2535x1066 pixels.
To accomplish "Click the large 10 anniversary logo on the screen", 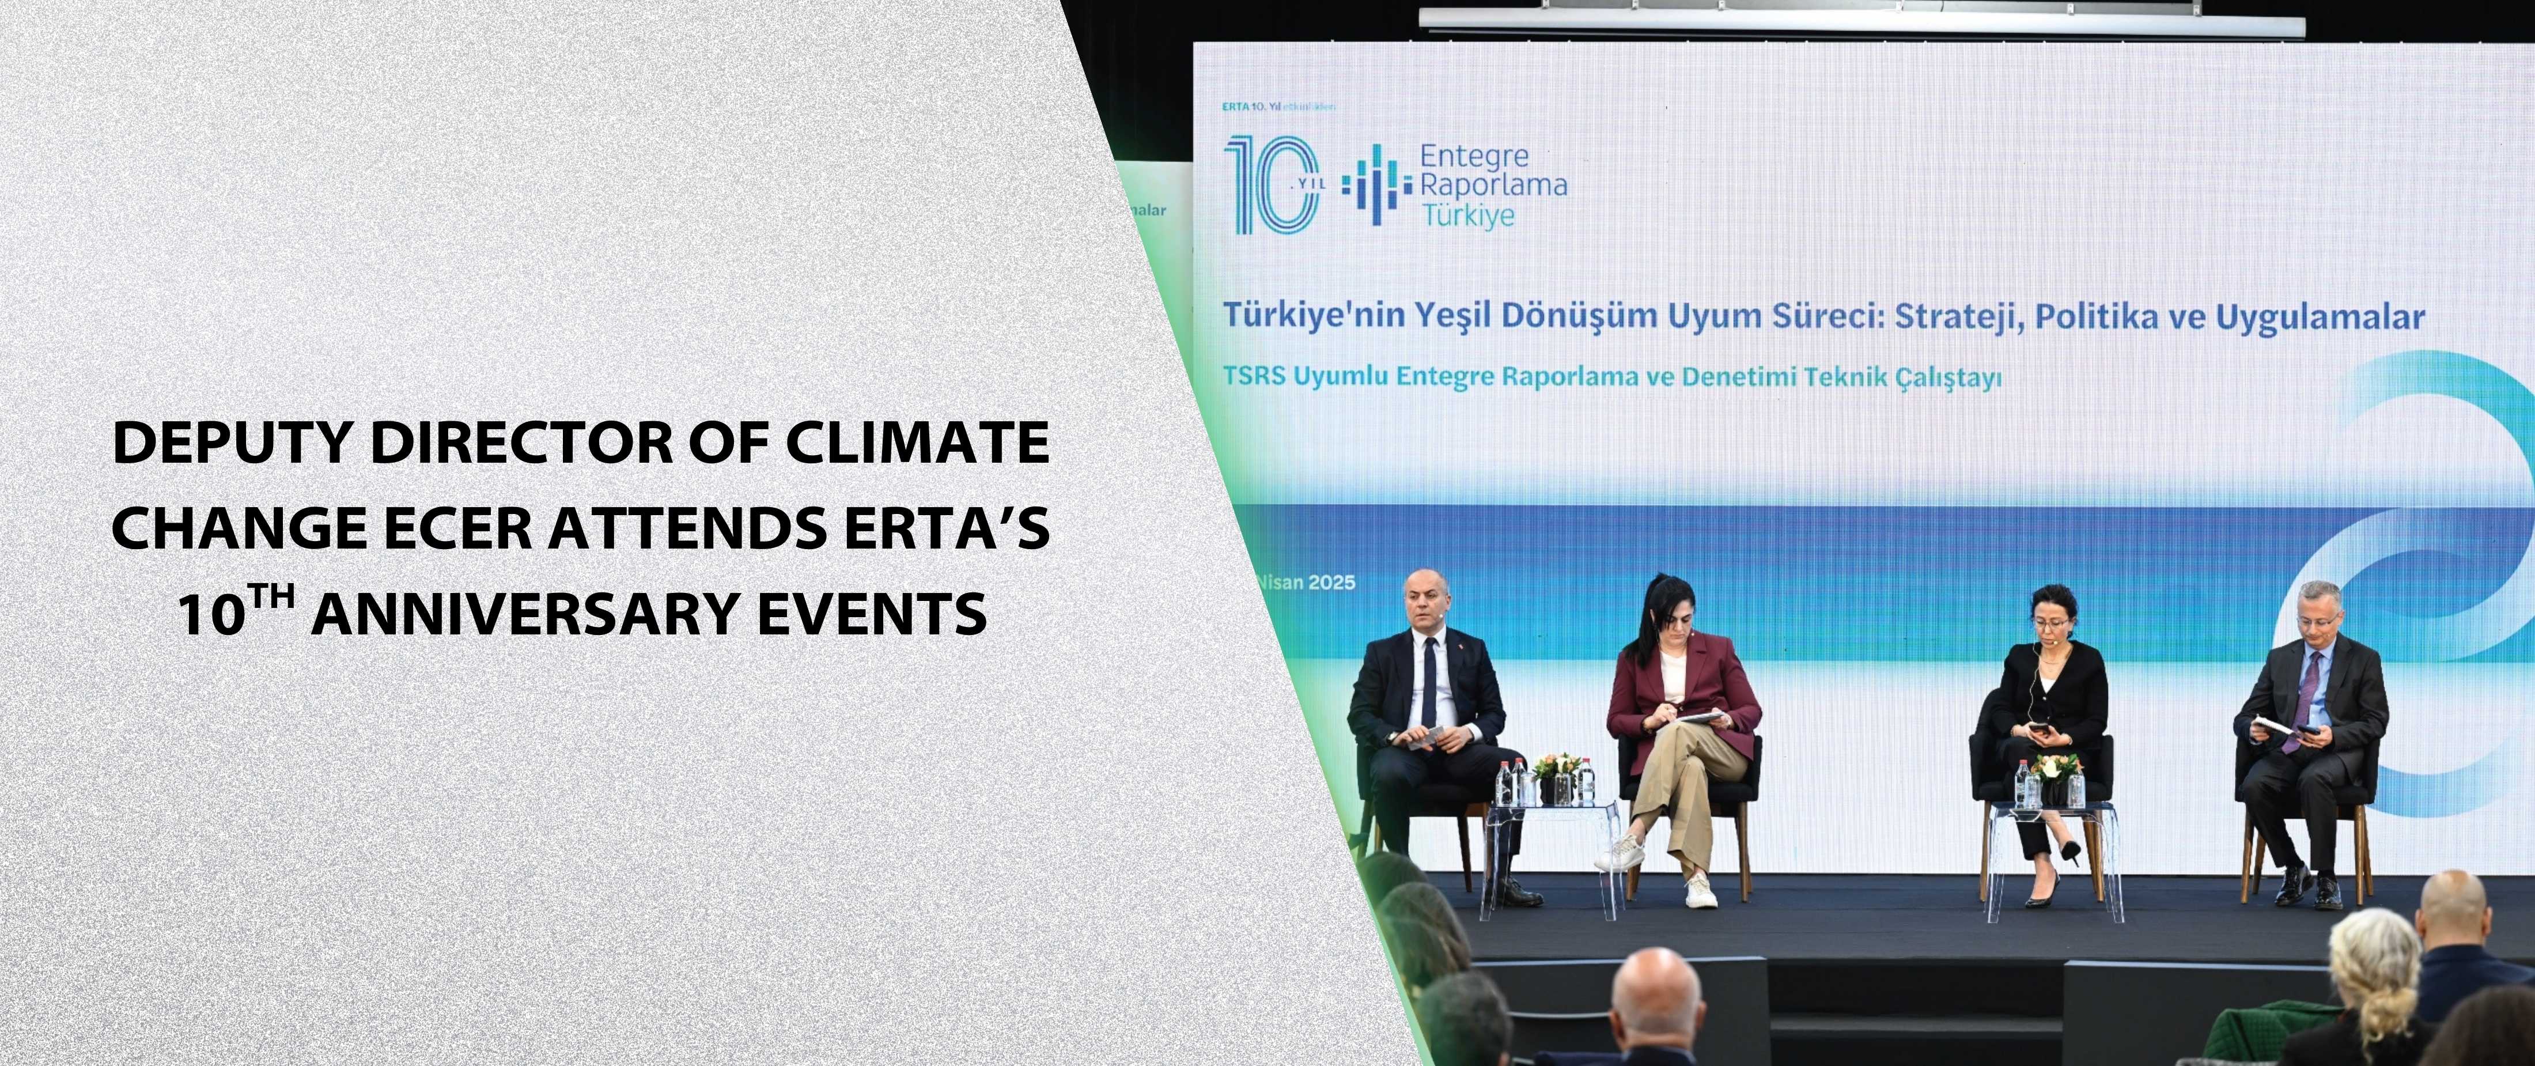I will [1272, 185].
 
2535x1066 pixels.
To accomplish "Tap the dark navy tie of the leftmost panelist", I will [1429, 679].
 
